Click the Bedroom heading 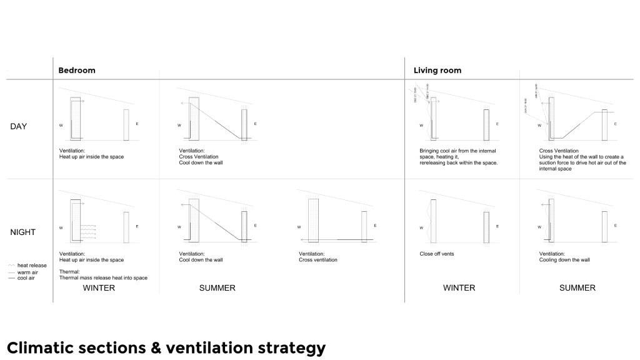pos(77,70)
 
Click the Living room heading pos(437,70)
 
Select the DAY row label pos(19,126)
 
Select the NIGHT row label pos(23,232)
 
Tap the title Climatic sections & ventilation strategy pos(166,347)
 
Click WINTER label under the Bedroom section pos(99,288)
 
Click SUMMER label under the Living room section pos(577,288)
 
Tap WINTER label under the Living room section pos(459,288)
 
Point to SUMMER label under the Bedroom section pos(217,288)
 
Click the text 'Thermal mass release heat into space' pos(103,277)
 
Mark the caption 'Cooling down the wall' pos(565,260)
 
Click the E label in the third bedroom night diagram pos(375,226)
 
